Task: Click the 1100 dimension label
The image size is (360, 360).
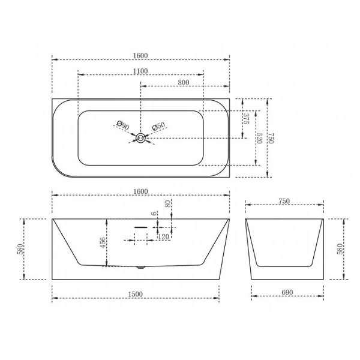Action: [x=140, y=70]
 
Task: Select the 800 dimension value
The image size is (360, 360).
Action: [x=184, y=82]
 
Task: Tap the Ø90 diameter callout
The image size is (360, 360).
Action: [x=122, y=126]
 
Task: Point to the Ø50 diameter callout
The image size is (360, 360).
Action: [x=158, y=127]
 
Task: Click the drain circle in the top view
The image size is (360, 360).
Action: [x=140, y=139]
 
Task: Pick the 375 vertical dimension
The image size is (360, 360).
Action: [x=247, y=118]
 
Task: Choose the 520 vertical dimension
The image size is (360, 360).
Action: [x=259, y=137]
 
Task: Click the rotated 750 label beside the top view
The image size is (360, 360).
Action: [x=271, y=137]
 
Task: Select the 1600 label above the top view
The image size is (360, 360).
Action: [x=140, y=56]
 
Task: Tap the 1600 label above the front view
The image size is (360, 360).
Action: [x=140, y=191]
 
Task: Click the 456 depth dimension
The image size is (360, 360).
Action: [x=103, y=242]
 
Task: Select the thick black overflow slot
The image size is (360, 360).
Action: [x=140, y=227]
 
